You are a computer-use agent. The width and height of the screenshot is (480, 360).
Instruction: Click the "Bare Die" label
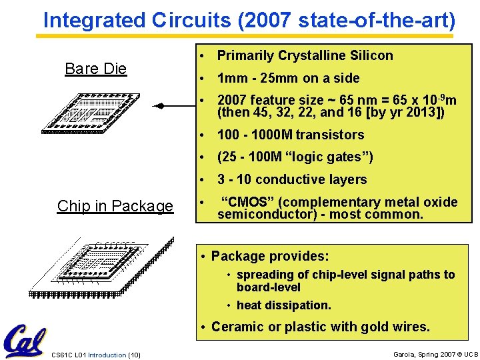(95, 69)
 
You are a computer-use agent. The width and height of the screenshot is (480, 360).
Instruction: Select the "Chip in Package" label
(115, 206)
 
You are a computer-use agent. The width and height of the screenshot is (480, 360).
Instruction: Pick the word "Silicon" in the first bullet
(370, 55)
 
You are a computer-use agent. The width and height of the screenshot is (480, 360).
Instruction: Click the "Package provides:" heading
(270, 256)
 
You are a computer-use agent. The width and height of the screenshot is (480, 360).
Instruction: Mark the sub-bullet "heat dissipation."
(283, 305)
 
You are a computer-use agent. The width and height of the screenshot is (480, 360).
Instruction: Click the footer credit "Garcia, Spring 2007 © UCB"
(435, 355)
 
